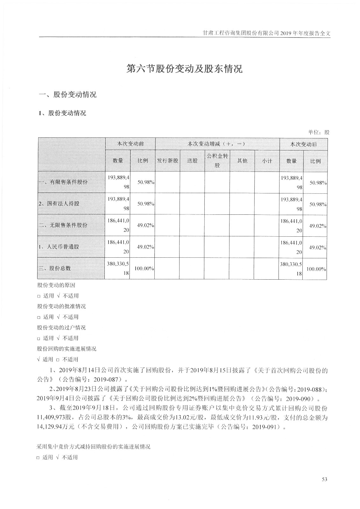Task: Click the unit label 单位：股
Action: coord(319,132)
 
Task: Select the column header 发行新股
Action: coord(167,161)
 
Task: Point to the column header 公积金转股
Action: coord(217,161)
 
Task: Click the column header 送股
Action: coord(192,161)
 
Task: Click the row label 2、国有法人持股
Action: coord(59,204)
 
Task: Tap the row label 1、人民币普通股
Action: coord(59,247)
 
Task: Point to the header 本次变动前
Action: coord(131,144)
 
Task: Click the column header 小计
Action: coord(267,161)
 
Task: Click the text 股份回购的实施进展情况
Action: coord(67,349)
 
